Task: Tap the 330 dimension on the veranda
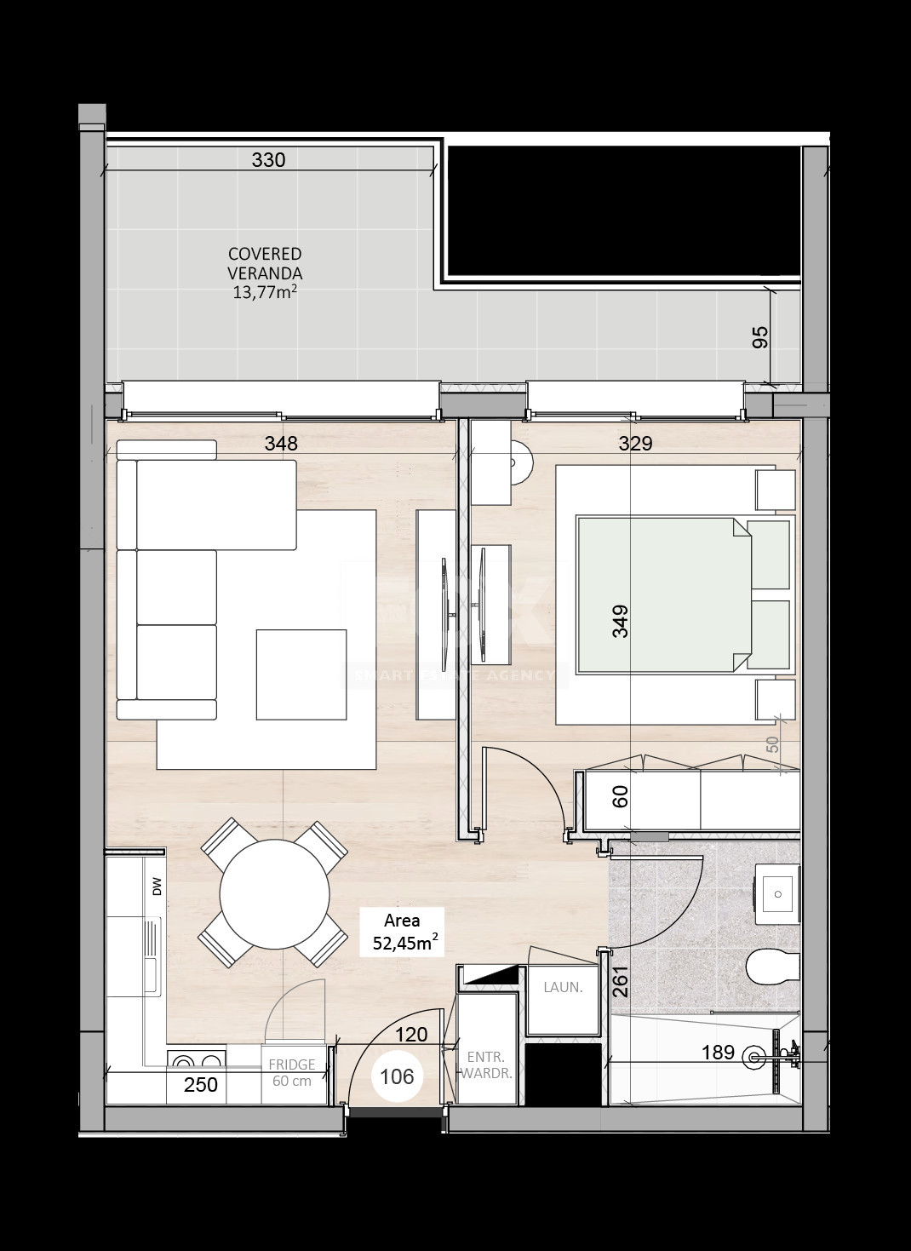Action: (x=268, y=160)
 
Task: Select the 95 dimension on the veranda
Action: (x=761, y=337)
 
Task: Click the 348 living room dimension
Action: (x=281, y=444)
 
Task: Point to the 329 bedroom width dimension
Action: (x=634, y=444)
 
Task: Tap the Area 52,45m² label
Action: (x=403, y=932)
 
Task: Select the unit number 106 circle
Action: (x=397, y=1076)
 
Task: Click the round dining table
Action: (x=274, y=893)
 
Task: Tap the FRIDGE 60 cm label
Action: (x=292, y=1073)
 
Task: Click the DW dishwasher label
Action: (x=157, y=890)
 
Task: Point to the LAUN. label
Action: (x=563, y=988)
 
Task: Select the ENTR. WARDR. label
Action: (x=486, y=1065)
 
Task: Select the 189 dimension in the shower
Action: (x=718, y=1053)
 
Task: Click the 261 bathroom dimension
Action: (x=620, y=981)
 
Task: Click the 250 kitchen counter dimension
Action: (x=202, y=1084)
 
